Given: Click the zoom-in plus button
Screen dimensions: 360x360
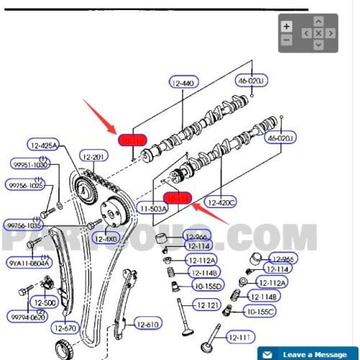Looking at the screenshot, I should tap(287, 26).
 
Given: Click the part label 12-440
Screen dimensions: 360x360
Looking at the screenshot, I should tap(184, 84).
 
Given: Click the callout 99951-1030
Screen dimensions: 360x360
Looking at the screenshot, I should tap(29, 165).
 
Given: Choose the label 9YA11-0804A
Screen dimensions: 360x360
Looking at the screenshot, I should tap(30, 263).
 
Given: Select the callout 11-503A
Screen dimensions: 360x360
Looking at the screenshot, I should tap(153, 208).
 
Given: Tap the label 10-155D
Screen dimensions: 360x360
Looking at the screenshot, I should tap(208, 286).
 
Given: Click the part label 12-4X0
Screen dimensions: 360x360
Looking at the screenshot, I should tap(107, 238).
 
